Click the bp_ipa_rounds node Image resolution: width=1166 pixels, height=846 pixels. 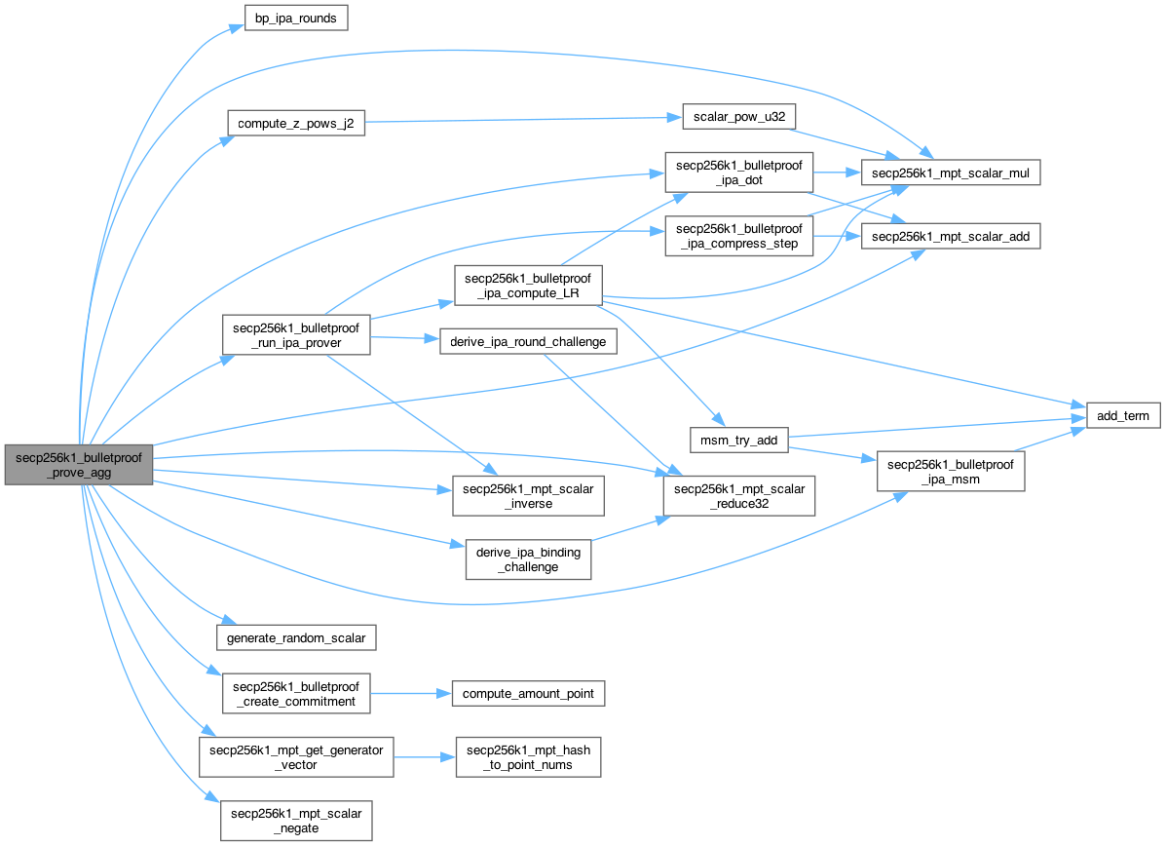(295, 19)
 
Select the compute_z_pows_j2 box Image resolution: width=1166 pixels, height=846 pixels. (295, 124)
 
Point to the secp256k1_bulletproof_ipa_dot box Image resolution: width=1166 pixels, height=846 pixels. (738, 173)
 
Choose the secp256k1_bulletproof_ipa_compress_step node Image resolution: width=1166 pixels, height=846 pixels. (738, 236)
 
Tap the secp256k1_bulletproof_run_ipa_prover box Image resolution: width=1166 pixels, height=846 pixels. (296, 334)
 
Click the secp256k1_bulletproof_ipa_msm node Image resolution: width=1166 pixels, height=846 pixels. (952, 473)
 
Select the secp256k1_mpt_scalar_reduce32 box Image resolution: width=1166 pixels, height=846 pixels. (738, 496)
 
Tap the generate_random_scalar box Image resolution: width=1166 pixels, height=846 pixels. (296, 638)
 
